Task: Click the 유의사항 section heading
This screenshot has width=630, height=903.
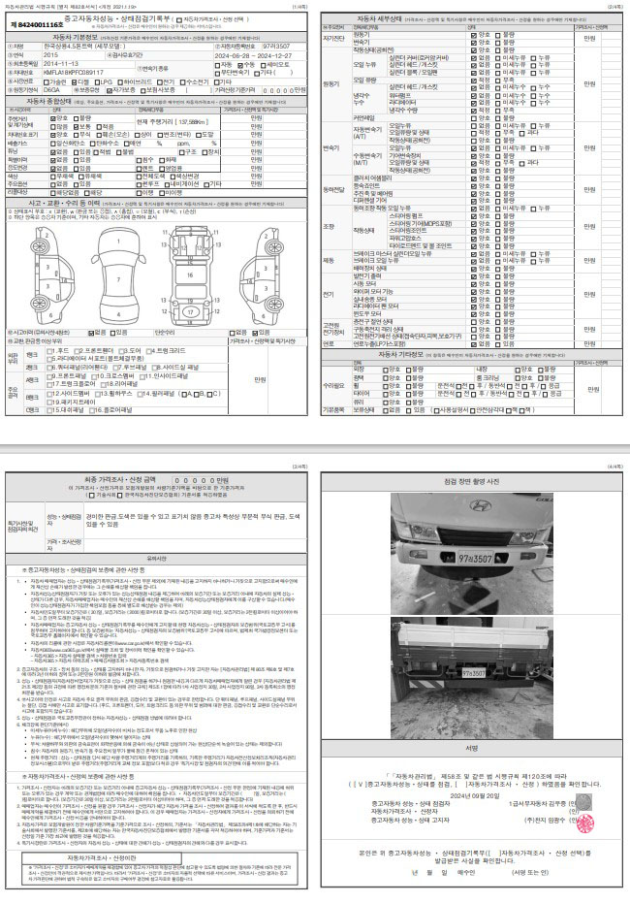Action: tap(157, 559)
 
